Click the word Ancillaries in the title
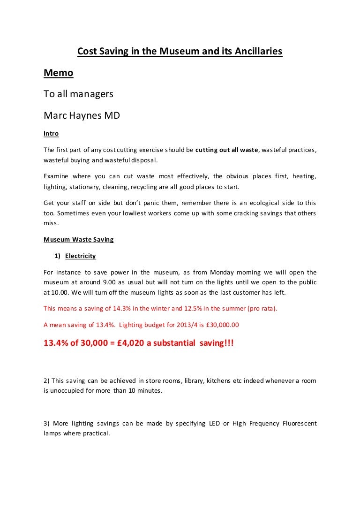tap(259, 52)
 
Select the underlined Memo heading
tap(59, 73)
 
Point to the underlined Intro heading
tap(51, 134)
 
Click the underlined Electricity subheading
tap(81, 256)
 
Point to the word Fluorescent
tap(300, 424)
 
